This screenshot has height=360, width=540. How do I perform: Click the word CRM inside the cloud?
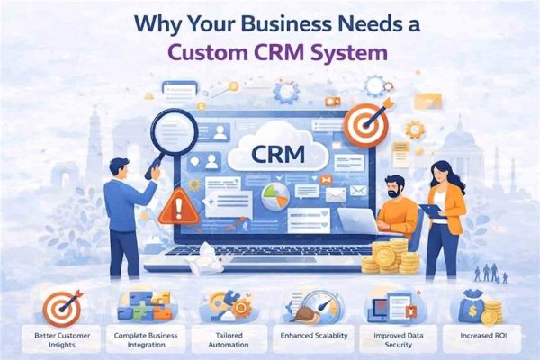coord(278,154)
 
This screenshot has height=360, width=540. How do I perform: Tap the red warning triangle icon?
coord(179,208)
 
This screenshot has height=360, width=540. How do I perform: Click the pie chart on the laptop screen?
coord(275,196)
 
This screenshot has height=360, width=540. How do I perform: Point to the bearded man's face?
coord(394,188)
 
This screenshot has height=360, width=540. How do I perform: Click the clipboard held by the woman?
coord(433,211)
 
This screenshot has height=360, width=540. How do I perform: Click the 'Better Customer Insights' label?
coord(62,339)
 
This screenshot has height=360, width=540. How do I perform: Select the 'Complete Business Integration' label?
coord(146,339)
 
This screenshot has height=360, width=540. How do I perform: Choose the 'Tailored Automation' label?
coord(229,339)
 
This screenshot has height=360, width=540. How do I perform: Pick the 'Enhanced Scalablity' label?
coord(314,335)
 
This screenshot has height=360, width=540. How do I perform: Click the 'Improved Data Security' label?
coord(399,339)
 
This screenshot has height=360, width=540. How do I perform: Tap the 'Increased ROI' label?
coord(483,335)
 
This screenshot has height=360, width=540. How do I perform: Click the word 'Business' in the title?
coord(268,25)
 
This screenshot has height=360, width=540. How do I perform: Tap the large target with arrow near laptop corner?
coord(366,125)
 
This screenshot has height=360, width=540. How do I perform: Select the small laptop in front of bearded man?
coord(358,220)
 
